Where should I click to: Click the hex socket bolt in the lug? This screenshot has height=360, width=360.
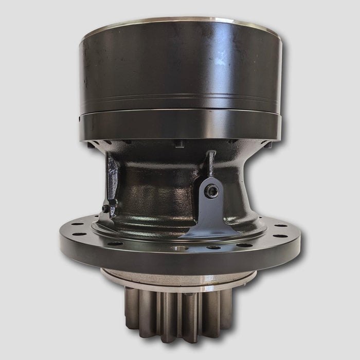point(211,191)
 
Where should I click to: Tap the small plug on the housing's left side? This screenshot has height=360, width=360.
point(105,209)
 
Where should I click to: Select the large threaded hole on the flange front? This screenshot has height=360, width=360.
point(177,249)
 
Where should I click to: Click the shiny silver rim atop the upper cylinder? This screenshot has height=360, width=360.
point(180,22)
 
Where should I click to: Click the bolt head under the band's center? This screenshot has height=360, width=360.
point(179,144)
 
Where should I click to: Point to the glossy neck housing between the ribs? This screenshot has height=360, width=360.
point(159,190)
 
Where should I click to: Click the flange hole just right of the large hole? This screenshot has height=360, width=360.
point(211,247)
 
